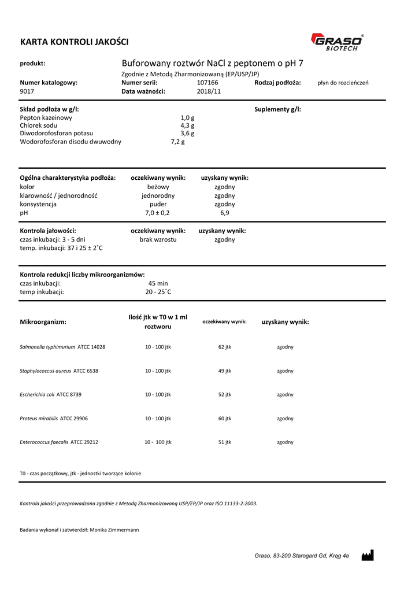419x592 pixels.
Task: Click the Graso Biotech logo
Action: tap(338, 42)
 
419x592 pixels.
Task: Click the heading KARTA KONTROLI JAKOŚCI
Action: tap(75, 42)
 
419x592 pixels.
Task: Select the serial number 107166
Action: tap(207, 83)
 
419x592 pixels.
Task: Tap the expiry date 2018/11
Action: tap(209, 91)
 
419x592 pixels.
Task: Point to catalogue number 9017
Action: tap(27, 91)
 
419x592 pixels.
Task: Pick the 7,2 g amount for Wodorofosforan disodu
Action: tap(178, 142)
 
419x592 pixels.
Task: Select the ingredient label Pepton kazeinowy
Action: tap(46, 117)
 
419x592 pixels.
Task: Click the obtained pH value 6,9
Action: tap(224, 213)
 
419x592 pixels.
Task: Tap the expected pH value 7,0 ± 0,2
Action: tap(158, 213)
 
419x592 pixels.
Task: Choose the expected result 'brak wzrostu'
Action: tap(158, 239)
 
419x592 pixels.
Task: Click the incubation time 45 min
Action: tap(158, 283)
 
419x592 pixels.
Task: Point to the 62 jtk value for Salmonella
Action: tap(225, 347)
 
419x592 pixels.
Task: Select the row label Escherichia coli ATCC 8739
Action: tap(51, 394)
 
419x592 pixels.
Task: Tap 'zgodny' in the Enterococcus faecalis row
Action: tap(285, 442)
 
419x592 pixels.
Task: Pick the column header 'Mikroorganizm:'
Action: tap(43, 321)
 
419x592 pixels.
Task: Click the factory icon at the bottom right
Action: tap(367, 555)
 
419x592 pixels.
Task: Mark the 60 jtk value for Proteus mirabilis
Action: tap(225, 418)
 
